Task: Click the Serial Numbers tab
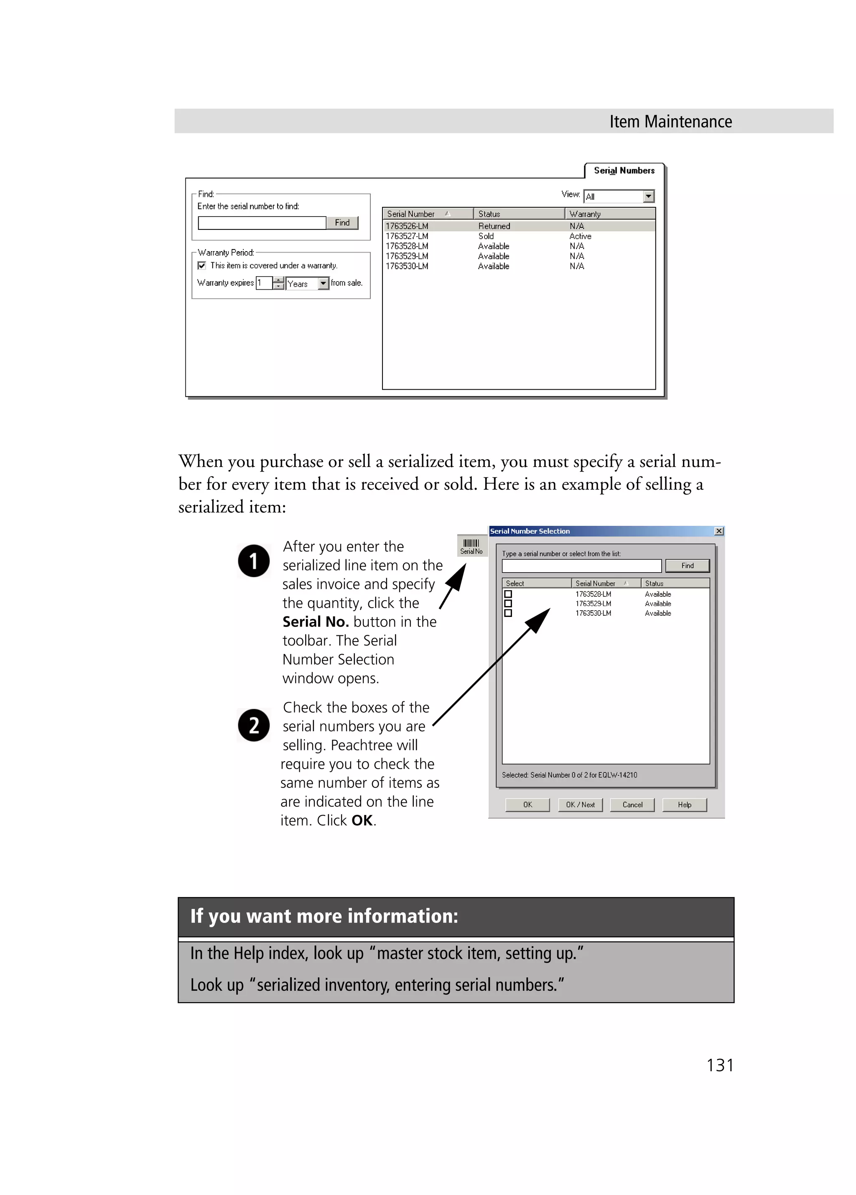click(x=624, y=171)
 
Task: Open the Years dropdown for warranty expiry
click(x=324, y=283)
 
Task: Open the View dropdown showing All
click(x=648, y=196)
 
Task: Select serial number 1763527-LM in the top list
click(x=407, y=236)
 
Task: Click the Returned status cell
click(x=494, y=226)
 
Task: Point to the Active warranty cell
click(x=580, y=236)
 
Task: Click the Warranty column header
click(x=585, y=214)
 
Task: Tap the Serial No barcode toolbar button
click(x=471, y=546)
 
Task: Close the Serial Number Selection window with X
click(x=718, y=531)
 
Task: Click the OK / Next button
click(x=580, y=805)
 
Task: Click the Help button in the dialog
click(x=684, y=805)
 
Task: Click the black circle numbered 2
click(x=254, y=726)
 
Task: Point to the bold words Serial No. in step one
click(x=316, y=622)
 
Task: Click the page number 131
click(x=720, y=1065)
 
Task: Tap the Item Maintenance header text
click(x=670, y=122)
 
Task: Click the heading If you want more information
click(x=324, y=916)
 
